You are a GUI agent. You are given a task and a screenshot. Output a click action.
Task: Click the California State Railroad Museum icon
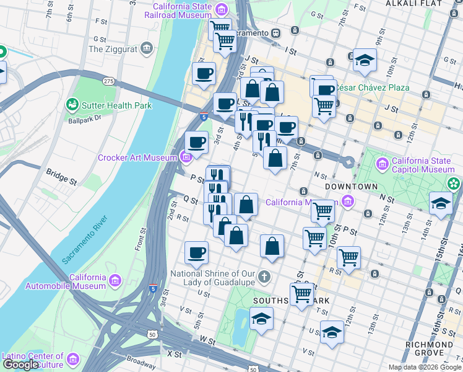click(222, 9)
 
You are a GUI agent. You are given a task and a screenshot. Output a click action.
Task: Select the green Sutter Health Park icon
click(72, 105)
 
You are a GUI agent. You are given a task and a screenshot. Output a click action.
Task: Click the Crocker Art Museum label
click(137, 158)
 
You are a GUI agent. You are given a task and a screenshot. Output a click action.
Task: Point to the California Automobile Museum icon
click(115, 281)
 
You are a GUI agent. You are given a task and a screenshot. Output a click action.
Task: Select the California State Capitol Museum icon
click(382, 165)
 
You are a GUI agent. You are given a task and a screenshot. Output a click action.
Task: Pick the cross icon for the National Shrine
click(264, 275)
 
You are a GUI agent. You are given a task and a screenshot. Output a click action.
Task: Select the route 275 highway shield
click(109, 82)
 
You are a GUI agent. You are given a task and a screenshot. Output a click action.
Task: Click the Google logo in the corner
click(20, 365)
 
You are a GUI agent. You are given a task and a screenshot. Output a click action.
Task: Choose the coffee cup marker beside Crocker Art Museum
click(197, 143)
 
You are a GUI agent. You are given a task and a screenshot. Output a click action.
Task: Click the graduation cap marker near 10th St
click(365, 60)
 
